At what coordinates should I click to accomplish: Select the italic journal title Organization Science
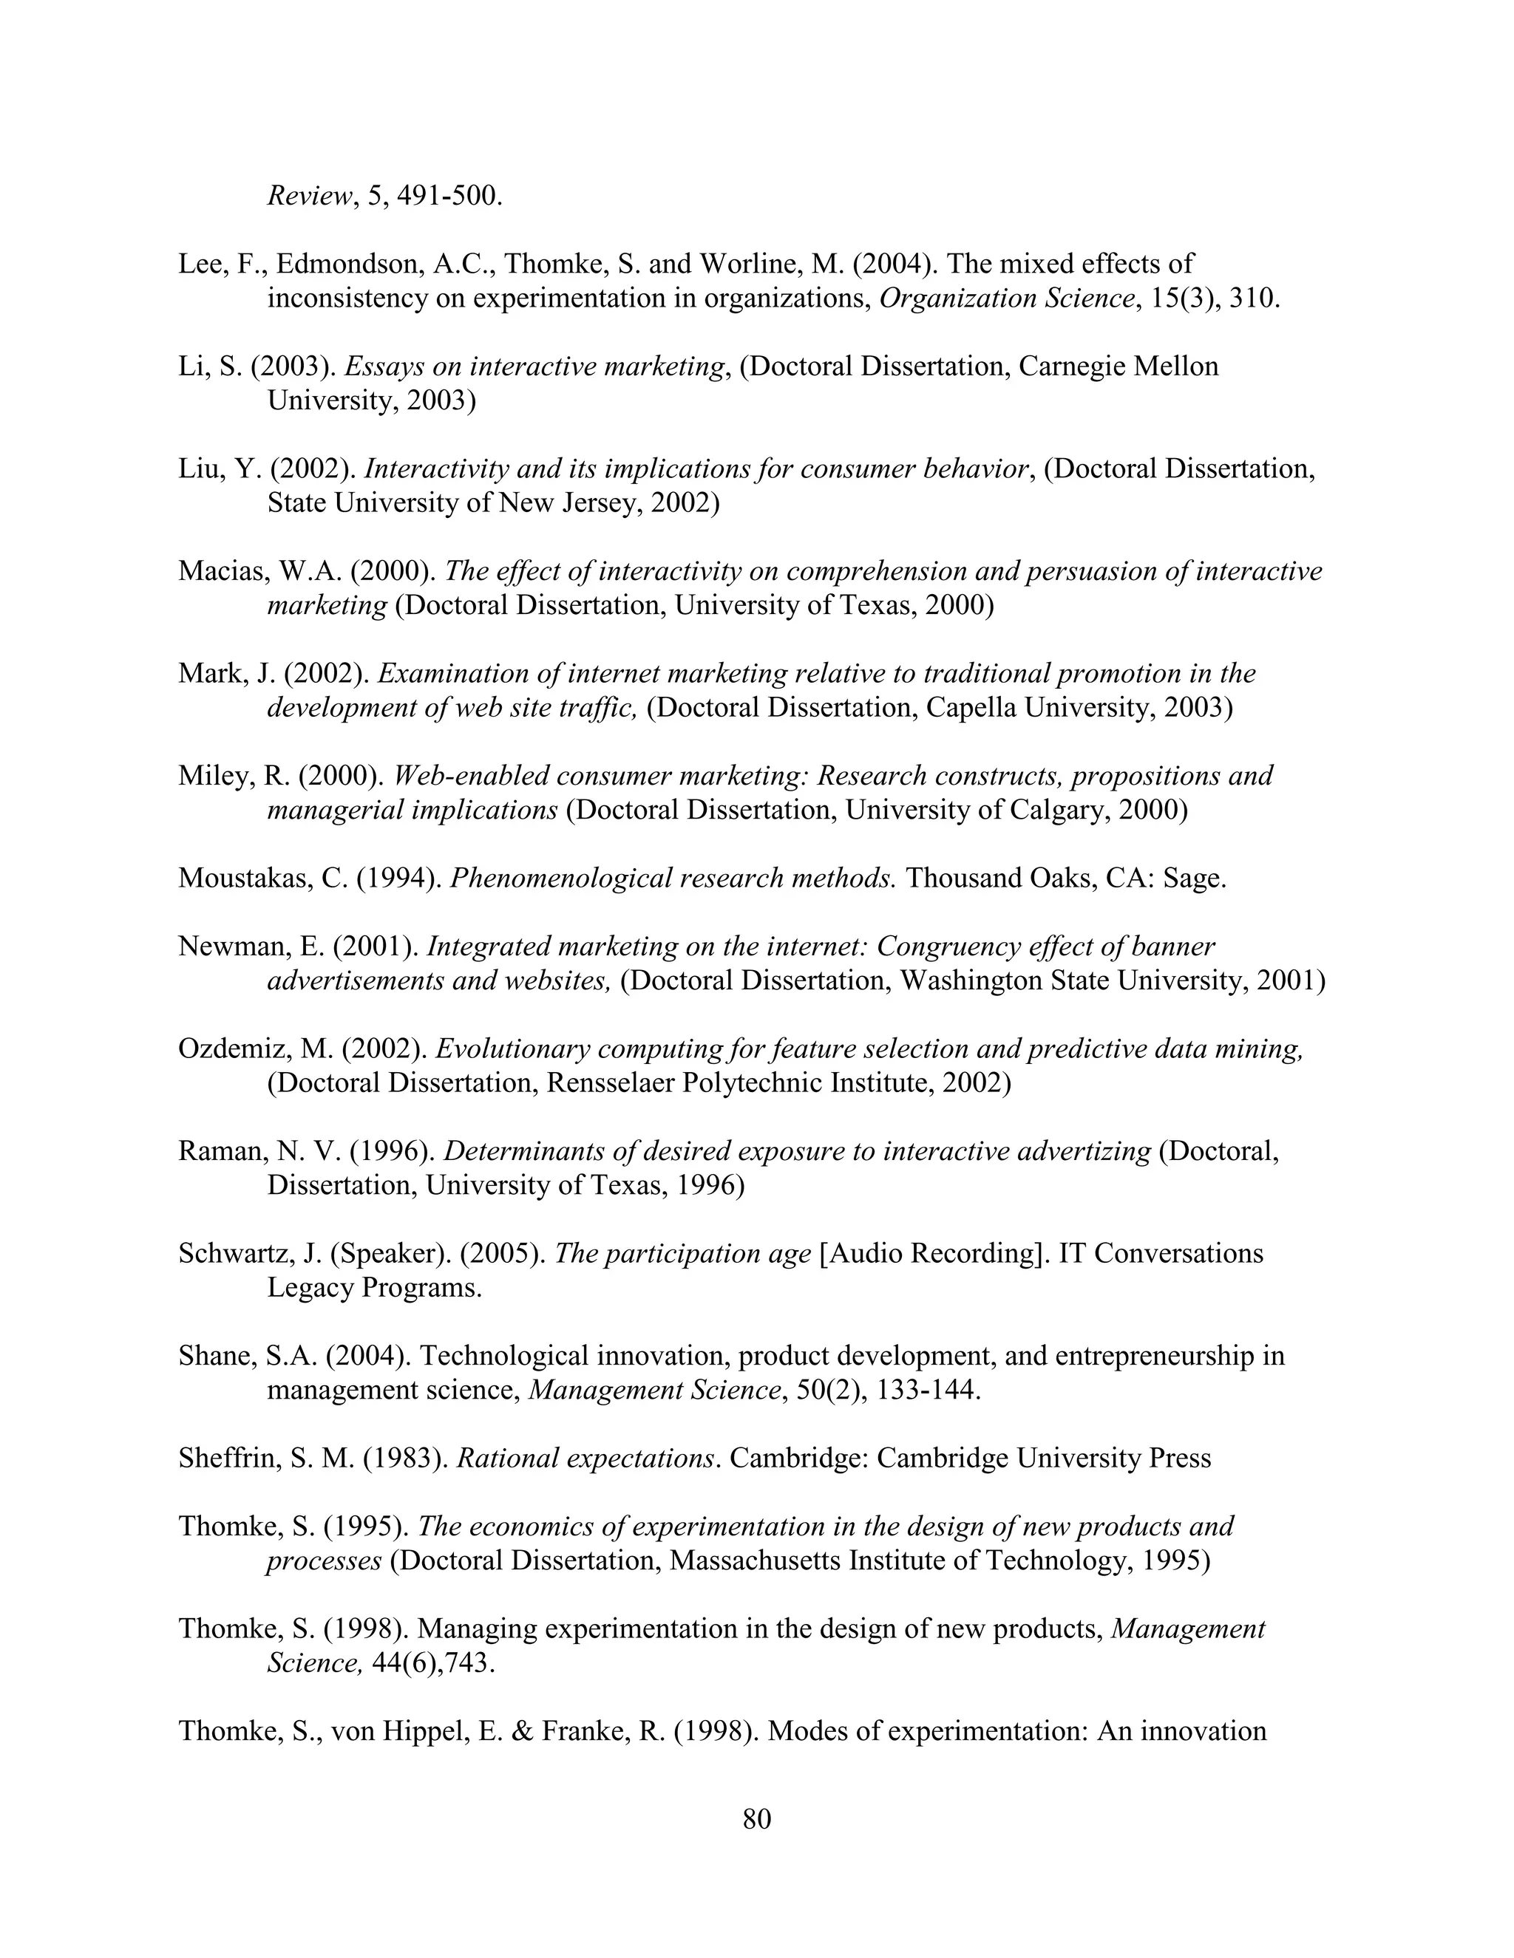click(1006, 299)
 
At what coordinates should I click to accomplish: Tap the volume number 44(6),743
click(432, 1663)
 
